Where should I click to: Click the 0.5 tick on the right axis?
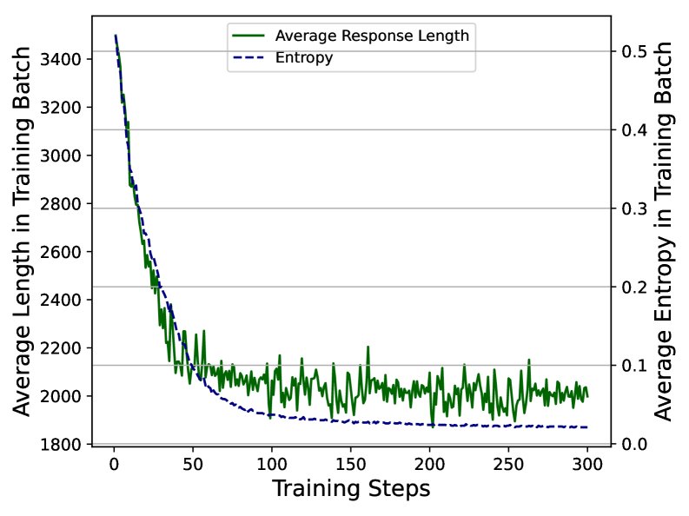633,51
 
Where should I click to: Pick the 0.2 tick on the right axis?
633,287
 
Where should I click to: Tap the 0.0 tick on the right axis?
633,444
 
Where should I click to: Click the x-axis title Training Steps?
351,489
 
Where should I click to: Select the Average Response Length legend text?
372,36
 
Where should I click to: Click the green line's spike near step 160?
368,347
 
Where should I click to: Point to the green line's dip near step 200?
432,426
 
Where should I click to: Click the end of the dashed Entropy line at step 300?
587,427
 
